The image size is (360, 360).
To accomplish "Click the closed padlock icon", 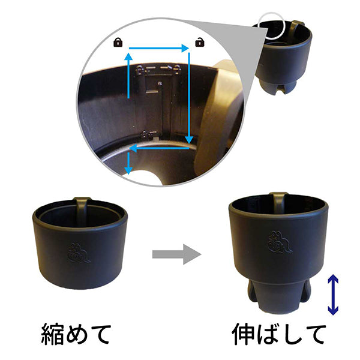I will click(x=118, y=42).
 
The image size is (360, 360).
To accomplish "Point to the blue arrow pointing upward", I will click(x=128, y=74).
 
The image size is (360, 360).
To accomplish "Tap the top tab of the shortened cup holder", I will click(x=82, y=204).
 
